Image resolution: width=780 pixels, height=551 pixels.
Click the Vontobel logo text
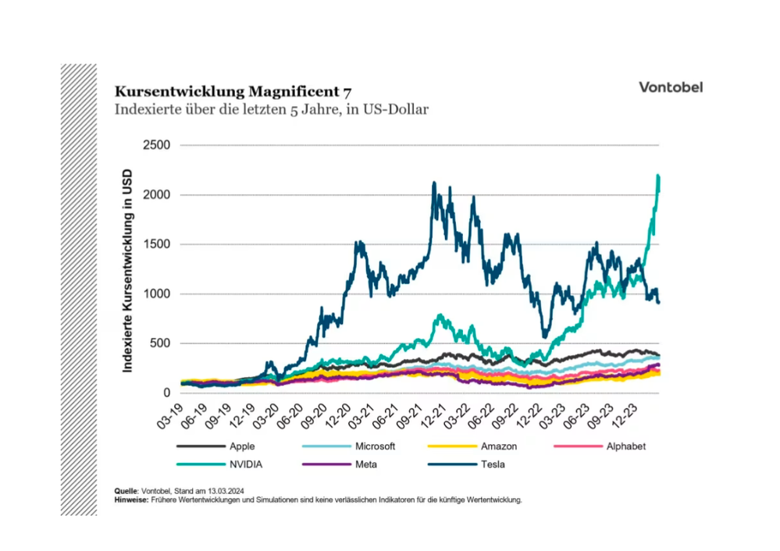coord(670,87)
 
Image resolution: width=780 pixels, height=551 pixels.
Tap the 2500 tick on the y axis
coord(156,145)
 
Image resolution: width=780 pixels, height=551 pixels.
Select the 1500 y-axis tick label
coord(156,244)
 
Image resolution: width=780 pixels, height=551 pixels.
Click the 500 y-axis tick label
coord(160,343)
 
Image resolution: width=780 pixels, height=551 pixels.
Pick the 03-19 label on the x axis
coord(170,415)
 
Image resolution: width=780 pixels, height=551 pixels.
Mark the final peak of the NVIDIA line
coord(658,176)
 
